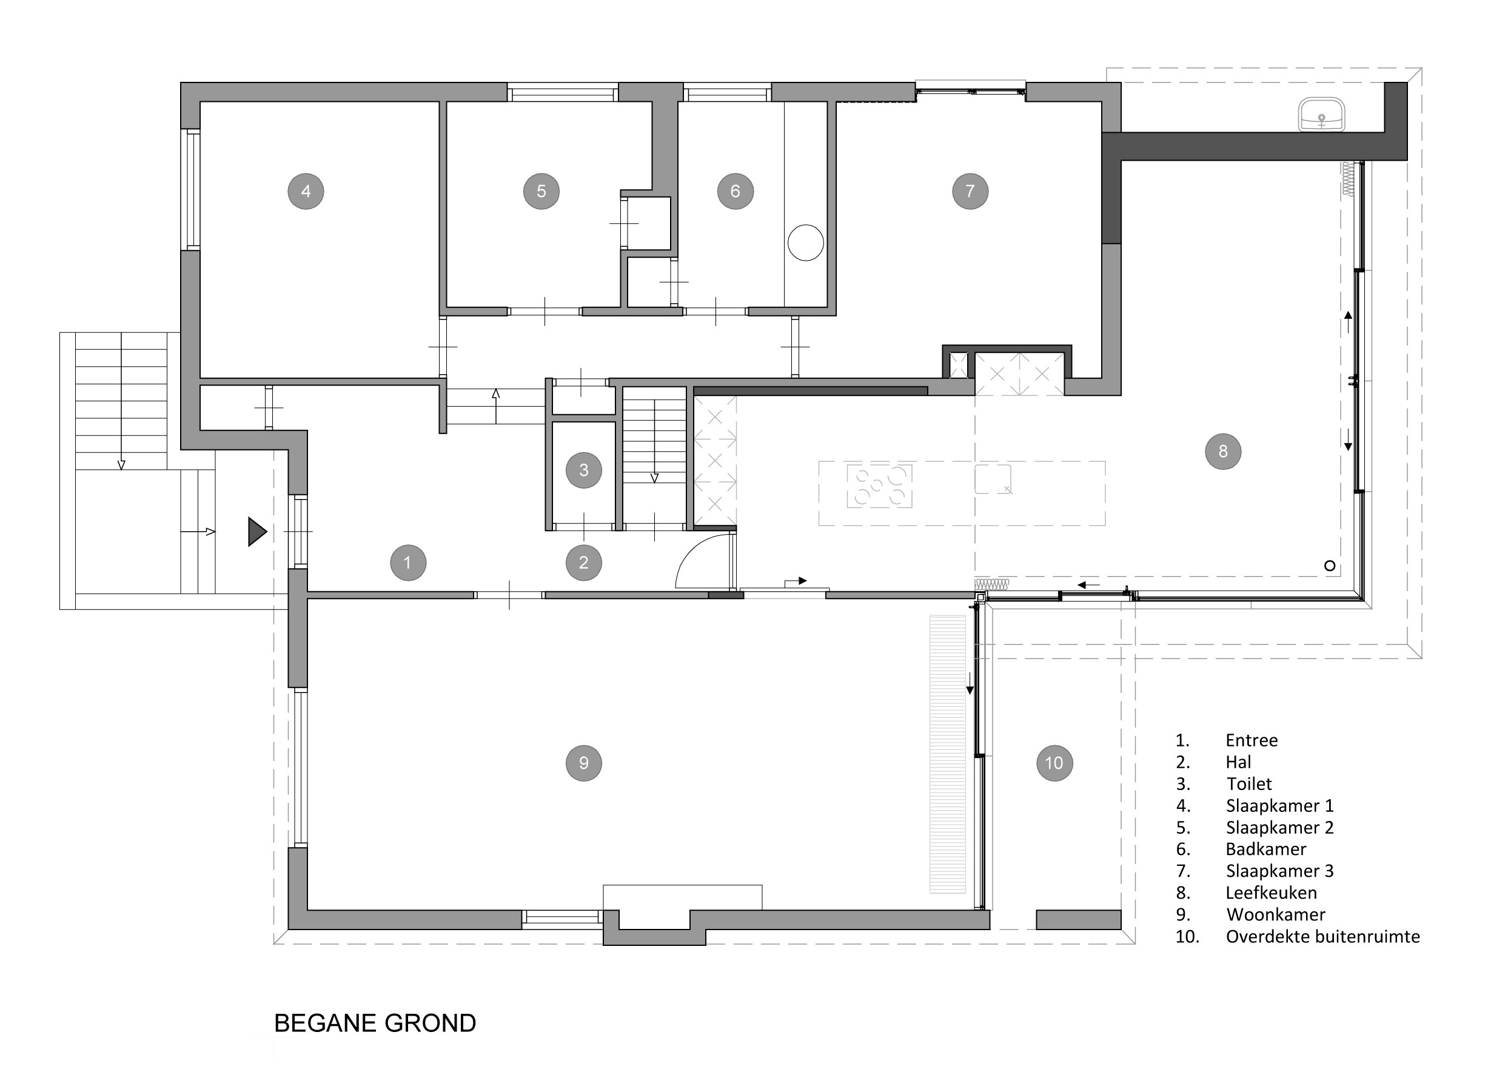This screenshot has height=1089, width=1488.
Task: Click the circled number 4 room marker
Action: tap(306, 191)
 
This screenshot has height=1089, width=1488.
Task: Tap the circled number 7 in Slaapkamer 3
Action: tap(970, 191)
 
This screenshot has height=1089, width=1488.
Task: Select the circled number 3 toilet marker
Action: tap(583, 470)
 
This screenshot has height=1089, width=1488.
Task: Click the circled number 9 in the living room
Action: tap(583, 763)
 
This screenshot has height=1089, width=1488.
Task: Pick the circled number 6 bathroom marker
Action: tap(735, 191)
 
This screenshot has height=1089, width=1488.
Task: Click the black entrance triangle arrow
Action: tap(256, 531)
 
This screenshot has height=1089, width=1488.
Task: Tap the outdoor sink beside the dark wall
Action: tap(1321, 115)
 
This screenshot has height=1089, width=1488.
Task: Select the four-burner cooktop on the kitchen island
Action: tap(879, 486)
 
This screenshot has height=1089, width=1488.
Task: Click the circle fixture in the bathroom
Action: tap(806, 243)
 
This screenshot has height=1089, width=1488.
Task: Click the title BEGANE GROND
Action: tap(375, 1023)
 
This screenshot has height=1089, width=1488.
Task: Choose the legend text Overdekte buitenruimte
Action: tap(1322, 936)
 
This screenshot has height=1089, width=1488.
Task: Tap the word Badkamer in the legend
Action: tap(1266, 849)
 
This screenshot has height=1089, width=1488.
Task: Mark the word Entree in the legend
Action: tap(1252, 740)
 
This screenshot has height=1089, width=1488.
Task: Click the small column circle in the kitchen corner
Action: tap(1330, 566)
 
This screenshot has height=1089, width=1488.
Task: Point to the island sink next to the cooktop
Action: tap(993, 479)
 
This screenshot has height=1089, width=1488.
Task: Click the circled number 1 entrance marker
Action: tap(407, 562)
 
